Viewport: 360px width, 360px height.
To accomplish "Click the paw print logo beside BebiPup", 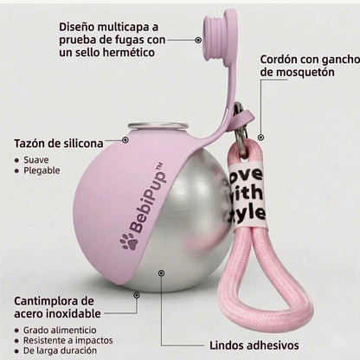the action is tap(129, 241).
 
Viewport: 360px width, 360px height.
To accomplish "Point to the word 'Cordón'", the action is tap(279, 60).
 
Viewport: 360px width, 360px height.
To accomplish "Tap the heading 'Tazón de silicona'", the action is tap(59, 144).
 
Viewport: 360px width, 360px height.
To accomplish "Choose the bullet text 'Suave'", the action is tap(36, 160).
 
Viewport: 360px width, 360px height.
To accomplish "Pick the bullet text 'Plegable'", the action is tap(42, 170).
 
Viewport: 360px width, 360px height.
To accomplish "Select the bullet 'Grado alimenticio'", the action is tap(60, 330).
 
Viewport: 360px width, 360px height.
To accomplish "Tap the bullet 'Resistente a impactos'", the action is tap(68, 340).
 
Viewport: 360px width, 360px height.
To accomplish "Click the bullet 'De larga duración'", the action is tap(60, 350).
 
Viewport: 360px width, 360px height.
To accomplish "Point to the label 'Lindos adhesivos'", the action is tap(254, 345).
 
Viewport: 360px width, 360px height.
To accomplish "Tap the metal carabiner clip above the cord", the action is tap(241, 127).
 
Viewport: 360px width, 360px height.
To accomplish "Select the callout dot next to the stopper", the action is tap(198, 40).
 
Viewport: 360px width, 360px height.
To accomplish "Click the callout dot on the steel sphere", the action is tap(162, 273).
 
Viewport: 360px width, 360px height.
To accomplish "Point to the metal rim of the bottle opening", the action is tap(157, 126).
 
